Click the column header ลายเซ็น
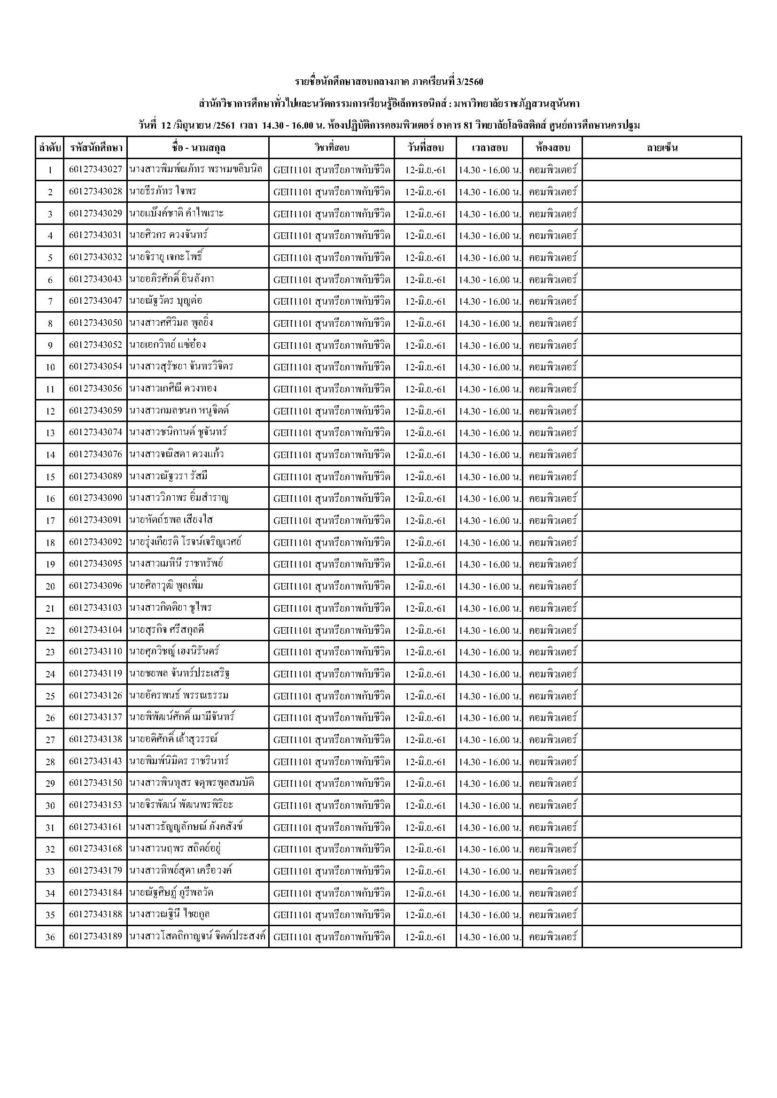click(661, 148)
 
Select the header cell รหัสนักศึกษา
click(96, 148)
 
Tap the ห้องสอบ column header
click(552, 148)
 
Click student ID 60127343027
click(96, 170)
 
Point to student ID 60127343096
click(96, 586)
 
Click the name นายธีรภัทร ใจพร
click(163, 191)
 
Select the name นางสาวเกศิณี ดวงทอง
click(173, 388)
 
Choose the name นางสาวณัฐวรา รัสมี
click(169, 476)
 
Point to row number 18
click(50, 543)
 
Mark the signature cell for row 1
click(661, 170)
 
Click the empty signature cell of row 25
click(661, 695)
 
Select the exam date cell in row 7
click(425, 301)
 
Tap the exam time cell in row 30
click(490, 806)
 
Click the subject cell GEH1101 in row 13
click(332, 433)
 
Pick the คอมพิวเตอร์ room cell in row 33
click(552, 871)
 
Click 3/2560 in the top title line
click(470, 82)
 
